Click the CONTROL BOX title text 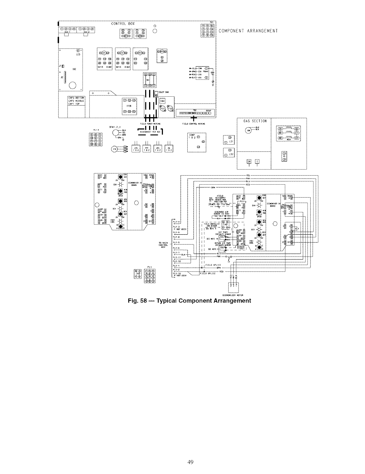(x=123, y=23)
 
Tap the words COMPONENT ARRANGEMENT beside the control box (x=248, y=31)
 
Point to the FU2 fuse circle (x=170, y=108)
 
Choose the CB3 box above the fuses (x=162, y=101)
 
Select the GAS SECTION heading (x=255, y=121)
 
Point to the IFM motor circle (x=114, y=149)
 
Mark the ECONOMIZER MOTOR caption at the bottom (x=235, y=295)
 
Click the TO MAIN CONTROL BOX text (x=163, y=245)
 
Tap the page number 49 (x=190, y=462)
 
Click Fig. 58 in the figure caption (x=137, y=301)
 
